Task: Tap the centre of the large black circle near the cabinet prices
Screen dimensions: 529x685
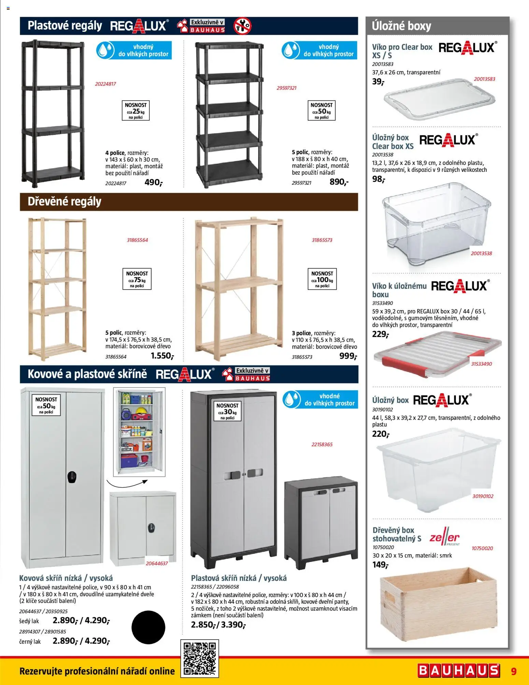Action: coord(148,627)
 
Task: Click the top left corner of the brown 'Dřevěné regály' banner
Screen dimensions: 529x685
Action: coord(20,193)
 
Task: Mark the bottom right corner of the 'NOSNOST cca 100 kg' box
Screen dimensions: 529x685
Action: coord(337,290)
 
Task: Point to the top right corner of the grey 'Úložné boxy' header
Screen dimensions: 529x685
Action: coord(509,17)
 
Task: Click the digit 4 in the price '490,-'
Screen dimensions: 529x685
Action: coord(147,182)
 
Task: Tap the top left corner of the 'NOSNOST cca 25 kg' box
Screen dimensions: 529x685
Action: coord(122,100)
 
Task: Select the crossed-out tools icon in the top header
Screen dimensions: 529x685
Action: coord(242,26)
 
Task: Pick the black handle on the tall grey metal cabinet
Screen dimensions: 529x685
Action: coord(72,477)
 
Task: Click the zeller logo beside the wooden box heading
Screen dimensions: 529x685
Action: coord(445,538)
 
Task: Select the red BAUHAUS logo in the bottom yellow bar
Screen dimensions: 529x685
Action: coord(459,670)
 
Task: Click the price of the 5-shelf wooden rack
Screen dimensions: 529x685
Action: coord(162,356)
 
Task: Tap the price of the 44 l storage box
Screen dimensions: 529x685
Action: coord(381,434)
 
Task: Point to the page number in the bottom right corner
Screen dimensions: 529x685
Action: coord(514,671)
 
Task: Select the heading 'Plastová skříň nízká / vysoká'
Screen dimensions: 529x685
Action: coord(239,578)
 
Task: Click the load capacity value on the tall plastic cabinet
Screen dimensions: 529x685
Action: coord(228,412)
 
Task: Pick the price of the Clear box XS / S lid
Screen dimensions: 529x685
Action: coord(378,82)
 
